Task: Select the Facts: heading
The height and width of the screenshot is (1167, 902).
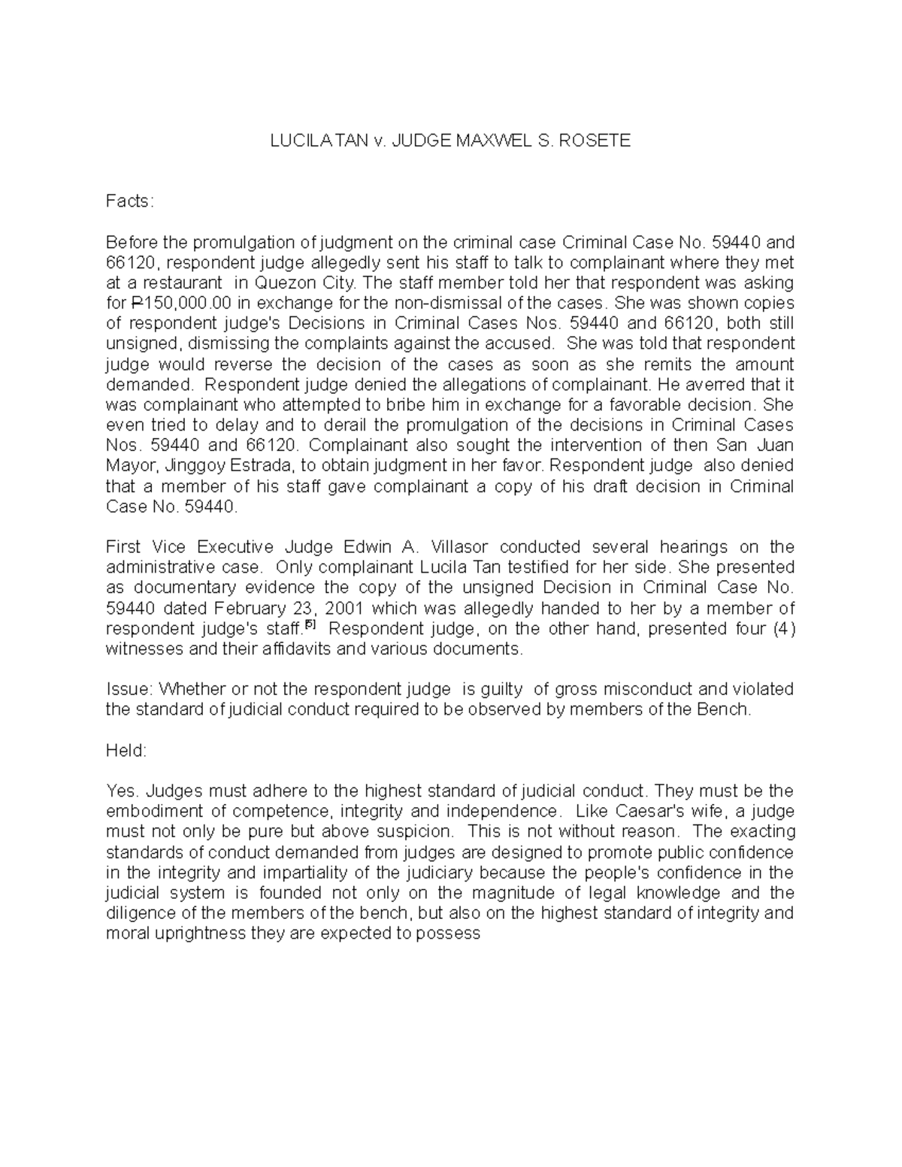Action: click(x=129, y=201)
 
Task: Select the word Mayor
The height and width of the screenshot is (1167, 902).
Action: click(x=127, y=466)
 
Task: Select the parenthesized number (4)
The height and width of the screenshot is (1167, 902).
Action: click(x=783, y=627)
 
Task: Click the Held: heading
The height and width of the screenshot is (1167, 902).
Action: click(x=126, y=750)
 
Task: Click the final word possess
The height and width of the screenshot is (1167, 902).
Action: click(x=450, y=933)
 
